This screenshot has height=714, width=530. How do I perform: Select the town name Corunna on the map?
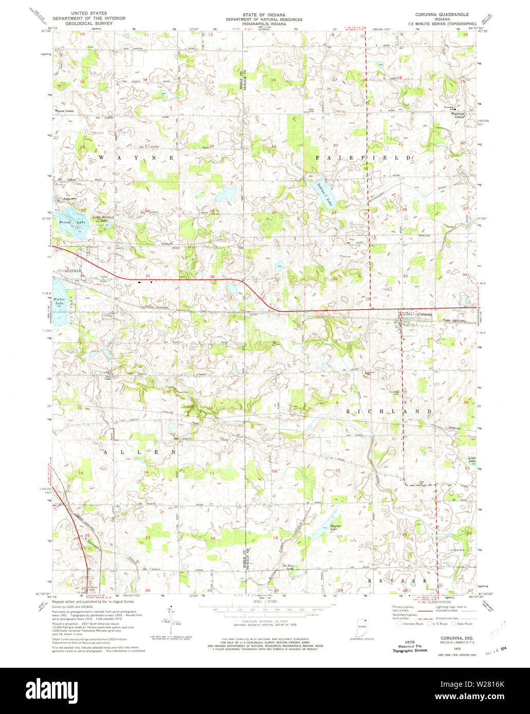point(425,314)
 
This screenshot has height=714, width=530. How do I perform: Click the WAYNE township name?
point(136,158)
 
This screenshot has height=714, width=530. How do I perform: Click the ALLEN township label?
point(139,452)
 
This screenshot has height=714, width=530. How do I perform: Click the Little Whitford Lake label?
point(103,218)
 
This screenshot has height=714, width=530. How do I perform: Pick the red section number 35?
point(148,276)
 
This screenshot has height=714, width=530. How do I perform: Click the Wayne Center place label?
point(65,111)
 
